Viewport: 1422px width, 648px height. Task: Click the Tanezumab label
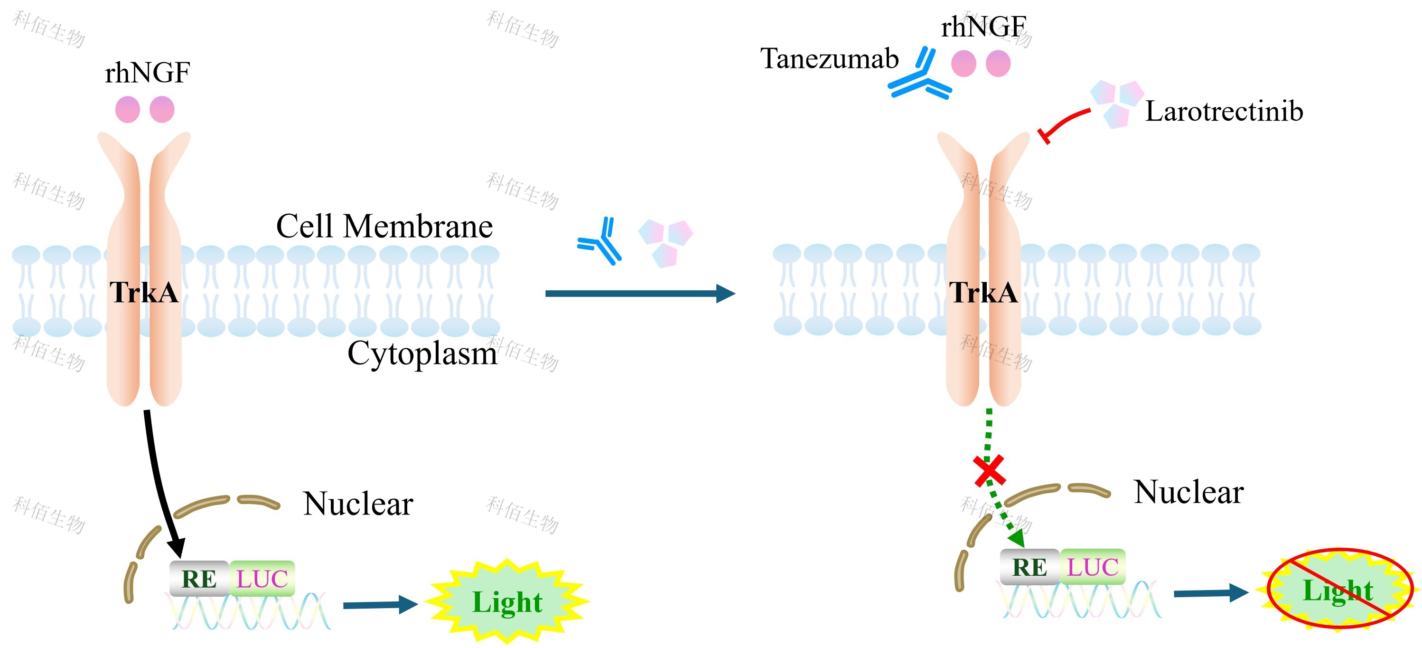click(x=829, y=58)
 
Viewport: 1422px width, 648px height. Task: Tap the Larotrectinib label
click(x=1224, y=111)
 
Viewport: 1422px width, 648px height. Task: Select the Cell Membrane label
click(x=384, y=226)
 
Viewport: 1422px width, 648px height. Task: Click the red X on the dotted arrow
click(x=989, y=471)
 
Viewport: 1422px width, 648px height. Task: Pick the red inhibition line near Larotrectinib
click(x=1063, y=123)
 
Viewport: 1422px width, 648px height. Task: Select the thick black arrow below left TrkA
click(x=160, y=481)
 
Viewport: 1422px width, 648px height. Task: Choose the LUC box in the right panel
click(x=1092, y=567)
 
